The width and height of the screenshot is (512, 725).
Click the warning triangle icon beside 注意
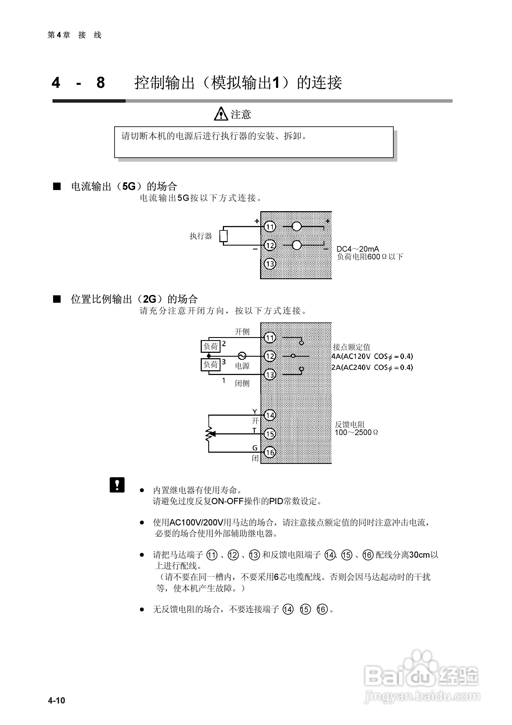[x=221, y=114]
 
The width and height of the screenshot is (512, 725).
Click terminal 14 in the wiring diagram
[x=270, y=415]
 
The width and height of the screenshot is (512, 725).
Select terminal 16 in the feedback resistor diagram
[x=270, y=452]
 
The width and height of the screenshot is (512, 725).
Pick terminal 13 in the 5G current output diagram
[x=270, y=264]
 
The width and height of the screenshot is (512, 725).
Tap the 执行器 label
[x=201, y=236]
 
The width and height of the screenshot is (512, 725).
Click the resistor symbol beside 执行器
[x=224, y=236]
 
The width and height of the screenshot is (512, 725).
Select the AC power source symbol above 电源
[x=242, y=356]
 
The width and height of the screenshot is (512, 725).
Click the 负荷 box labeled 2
[x=211, y=346]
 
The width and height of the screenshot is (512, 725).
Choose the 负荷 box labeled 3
[x=211, y=365]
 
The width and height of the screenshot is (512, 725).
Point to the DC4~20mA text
[x=358, y=249]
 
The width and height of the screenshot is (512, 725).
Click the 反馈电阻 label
[x=350, y=424]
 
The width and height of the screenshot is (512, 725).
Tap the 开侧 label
[x=242, y=332]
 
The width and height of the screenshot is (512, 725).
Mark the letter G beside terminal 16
[x=255, y=448]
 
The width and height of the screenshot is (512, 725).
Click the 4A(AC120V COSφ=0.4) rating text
[x=372, y=356]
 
